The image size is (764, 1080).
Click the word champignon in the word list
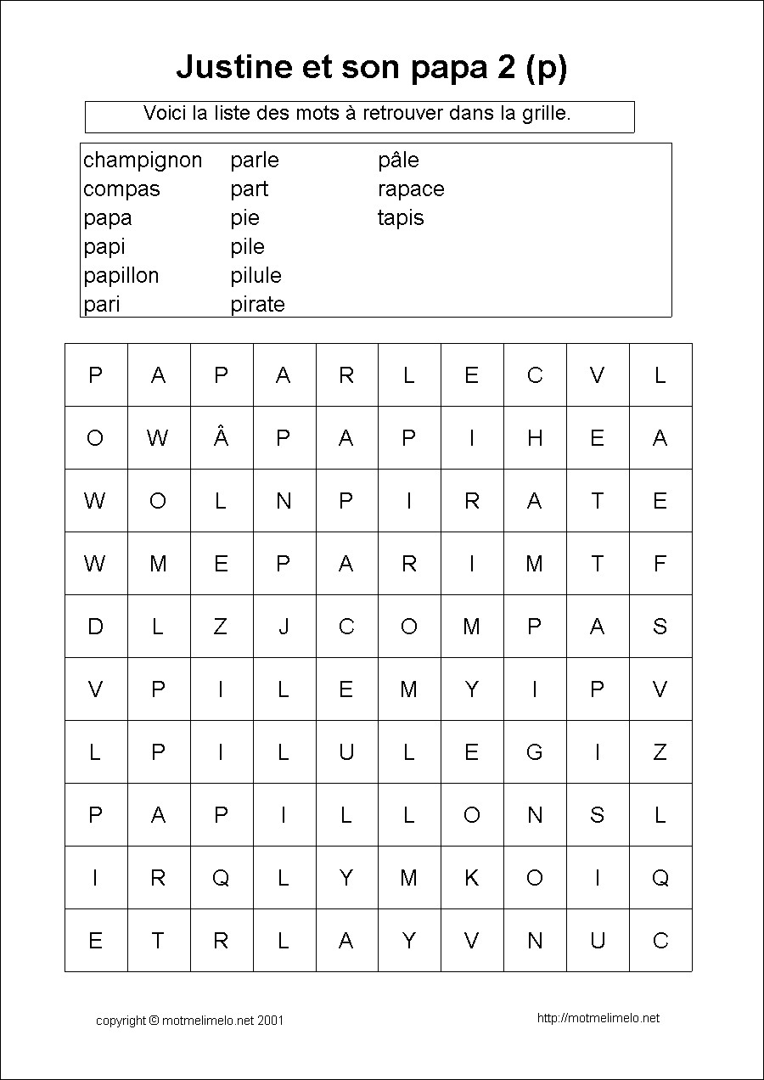point(143,160)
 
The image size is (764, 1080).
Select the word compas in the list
point(121,189)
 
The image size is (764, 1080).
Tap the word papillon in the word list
point(121,276)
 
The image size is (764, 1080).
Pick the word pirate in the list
point(257,305)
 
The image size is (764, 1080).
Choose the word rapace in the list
point(411,189)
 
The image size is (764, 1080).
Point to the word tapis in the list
point(401,218)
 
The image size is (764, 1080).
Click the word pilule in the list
point(256,276)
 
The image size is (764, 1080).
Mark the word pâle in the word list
point(398,160)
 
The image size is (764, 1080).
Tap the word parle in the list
point(254,160)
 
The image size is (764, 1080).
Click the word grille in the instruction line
point(547,113)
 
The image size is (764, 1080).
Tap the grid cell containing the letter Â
point(221,437)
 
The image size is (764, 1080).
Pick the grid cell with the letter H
point(535,437)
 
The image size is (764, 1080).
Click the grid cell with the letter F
point(660,563)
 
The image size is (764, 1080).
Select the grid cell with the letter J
point(284,626)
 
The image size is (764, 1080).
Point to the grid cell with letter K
point(472,877)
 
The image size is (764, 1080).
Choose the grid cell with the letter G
point(535,751)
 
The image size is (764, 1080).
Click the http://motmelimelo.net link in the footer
point(598,1018)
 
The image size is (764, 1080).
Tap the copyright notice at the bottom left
point(189,1020)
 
